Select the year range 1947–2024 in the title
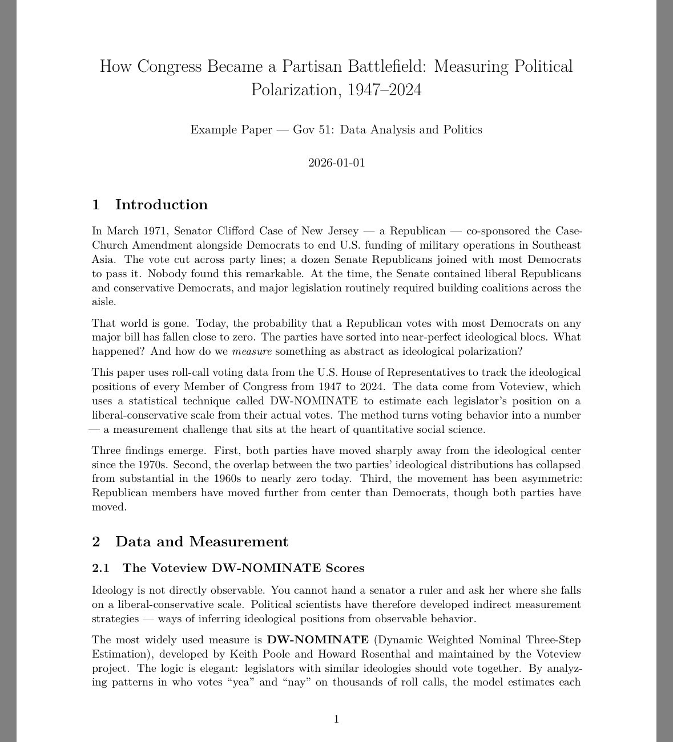[380, 90]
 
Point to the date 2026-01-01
[336, 163]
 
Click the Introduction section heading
[161, 205]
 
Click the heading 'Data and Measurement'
[202, 541]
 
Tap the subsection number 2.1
[100, 568]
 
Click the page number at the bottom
[336, 719]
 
